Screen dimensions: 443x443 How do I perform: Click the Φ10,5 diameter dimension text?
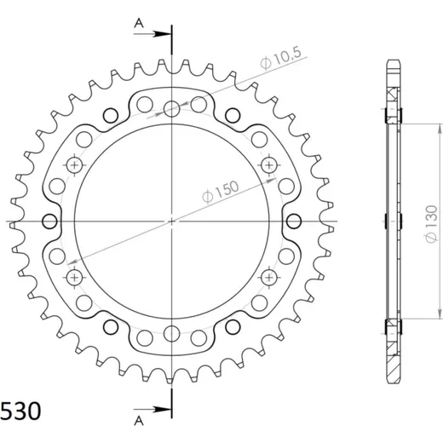280,59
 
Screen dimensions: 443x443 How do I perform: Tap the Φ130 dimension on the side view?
432,224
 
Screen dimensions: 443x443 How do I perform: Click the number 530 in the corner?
20,411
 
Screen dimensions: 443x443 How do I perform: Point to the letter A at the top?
139,23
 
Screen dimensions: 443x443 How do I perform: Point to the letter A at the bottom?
139,421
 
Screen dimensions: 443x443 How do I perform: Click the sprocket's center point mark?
172,221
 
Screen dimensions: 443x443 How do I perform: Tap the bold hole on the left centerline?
49,221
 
